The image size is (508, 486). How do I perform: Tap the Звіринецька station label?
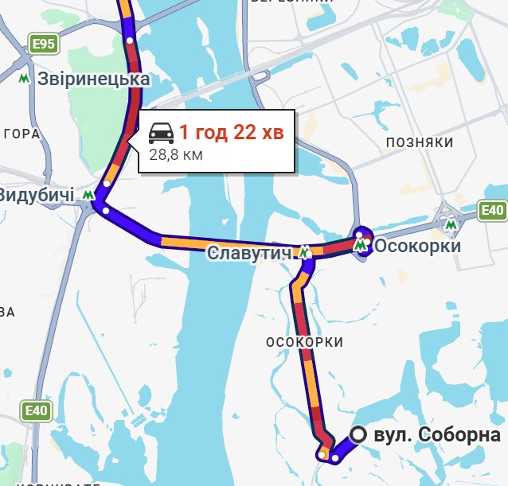point(94,80)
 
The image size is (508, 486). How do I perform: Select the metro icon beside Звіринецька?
point(25,79)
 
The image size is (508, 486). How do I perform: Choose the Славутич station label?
point(249,253)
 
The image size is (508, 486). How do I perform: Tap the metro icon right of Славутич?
point(304,253)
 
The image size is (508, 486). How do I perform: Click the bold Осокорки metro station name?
point(417,247)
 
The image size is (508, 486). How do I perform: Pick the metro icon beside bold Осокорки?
point(361,247)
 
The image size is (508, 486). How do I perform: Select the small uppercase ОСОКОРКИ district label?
point(305,342)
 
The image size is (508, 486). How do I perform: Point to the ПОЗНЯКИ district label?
point(419,142)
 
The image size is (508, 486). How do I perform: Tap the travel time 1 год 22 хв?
point(231,132)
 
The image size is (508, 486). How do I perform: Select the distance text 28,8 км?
point(176,154)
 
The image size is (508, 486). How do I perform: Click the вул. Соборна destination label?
point(436,435)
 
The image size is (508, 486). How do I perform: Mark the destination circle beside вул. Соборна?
point(359,434)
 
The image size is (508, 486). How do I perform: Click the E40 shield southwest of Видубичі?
point(37,411)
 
